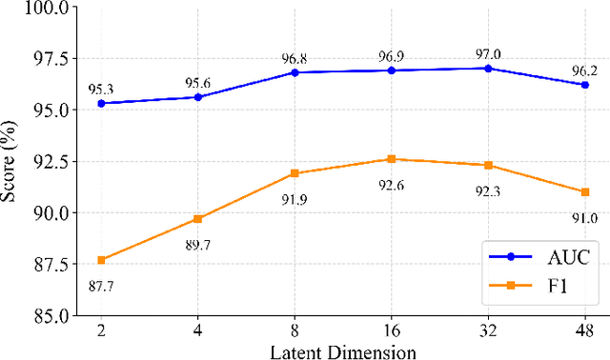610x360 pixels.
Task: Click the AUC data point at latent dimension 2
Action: [x=100, y=103]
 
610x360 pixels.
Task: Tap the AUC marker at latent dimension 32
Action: [x=488, y=69]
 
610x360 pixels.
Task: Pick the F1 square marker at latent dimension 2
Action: [x=100, y=259]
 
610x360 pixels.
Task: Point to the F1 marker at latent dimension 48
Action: [x=585, y=191]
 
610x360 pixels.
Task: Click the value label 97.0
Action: [x=488, y=52]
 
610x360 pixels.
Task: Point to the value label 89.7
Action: [x=197, y=245]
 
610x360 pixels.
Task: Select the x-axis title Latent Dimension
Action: [x=342, y=351]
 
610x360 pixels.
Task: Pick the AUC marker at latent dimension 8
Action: [x=295, y=72]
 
